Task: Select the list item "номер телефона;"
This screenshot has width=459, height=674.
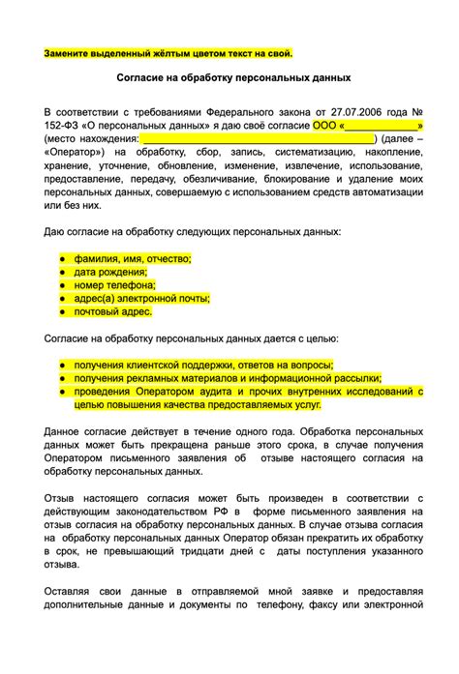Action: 114,285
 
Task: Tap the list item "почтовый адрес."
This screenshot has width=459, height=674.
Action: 112,312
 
